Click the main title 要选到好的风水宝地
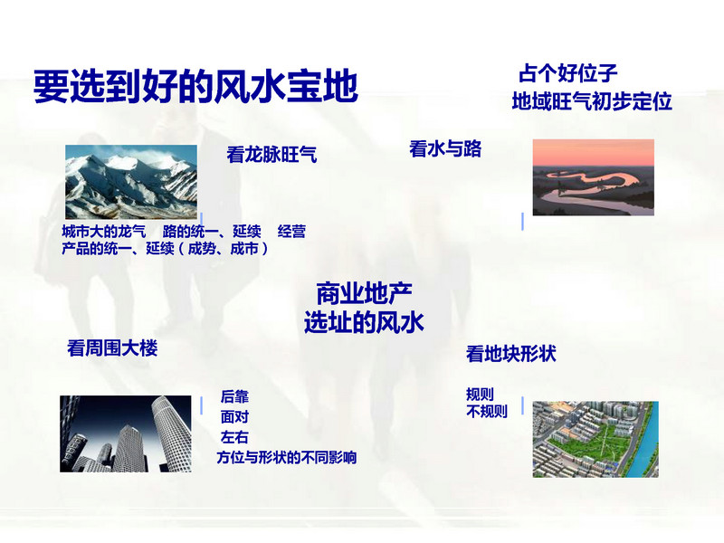point(195,86)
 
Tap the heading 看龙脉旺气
point(271,155)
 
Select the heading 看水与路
point(445,149)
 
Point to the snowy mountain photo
point(131,182)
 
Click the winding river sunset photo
point(594,177)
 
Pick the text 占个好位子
point(568,73)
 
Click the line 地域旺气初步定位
point(592,101)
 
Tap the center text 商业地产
point(364,293)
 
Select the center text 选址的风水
point(364,322)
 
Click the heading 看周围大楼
point(112,348)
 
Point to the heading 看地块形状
point(511,354)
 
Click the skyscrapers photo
point(126,433)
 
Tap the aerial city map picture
point(595,439)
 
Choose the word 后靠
point(234,396)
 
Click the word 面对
point(234,417)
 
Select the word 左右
point(234,437)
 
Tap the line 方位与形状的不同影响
point(287,458)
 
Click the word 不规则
point(487,411)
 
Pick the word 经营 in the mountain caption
point(291,232)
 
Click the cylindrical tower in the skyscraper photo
point(173,432)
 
